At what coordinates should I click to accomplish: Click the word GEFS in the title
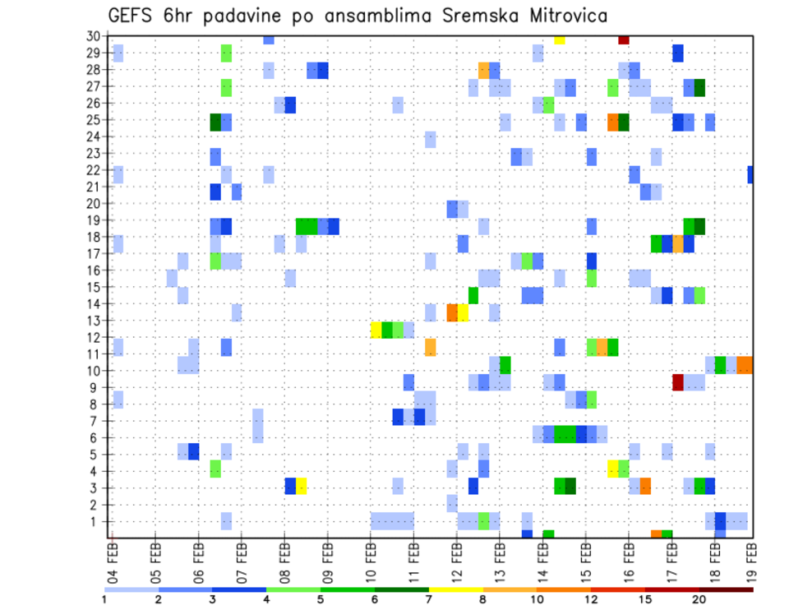[133, 16]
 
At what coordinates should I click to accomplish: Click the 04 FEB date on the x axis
[113, 559]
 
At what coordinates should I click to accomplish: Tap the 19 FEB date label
[750, 559]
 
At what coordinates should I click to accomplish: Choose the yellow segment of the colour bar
[455, 589]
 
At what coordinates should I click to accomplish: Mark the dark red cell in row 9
[678, 382]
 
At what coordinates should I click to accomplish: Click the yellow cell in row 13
[463, 312]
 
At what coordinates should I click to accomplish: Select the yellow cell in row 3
[302, 486]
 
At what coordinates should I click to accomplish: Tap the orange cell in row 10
[745, 365]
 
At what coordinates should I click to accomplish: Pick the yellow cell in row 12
[376, 330]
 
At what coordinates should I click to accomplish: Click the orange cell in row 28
[484, 70]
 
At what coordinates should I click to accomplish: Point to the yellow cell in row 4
[613, 469]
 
